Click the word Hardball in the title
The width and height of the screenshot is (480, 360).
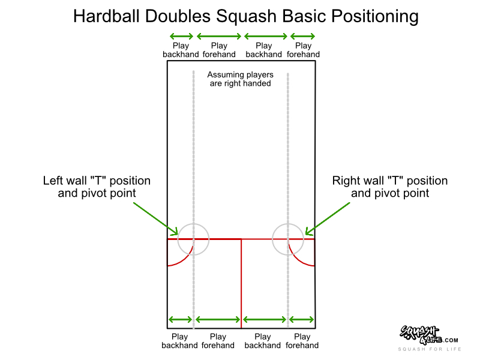107,16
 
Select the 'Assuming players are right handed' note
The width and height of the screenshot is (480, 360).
241,79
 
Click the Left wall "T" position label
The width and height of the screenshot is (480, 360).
97,187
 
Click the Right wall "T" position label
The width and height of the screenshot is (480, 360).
390,187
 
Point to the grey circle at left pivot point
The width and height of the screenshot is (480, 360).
178,239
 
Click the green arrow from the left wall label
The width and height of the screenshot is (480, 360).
155,218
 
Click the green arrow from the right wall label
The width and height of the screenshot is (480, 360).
328,218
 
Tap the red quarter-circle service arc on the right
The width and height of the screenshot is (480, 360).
296,259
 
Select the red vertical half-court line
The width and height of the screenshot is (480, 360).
241,283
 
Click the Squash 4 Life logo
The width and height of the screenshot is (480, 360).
429,335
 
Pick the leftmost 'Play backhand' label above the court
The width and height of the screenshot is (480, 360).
181,50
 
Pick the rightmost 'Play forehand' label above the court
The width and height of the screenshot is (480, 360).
303,50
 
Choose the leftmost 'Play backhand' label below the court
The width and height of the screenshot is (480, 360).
179,341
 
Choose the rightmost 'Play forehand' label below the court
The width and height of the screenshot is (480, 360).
302,341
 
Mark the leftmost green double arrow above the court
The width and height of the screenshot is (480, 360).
182,37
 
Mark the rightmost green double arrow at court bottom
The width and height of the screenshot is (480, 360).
302,320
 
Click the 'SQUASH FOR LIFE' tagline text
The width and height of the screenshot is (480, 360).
430,349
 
